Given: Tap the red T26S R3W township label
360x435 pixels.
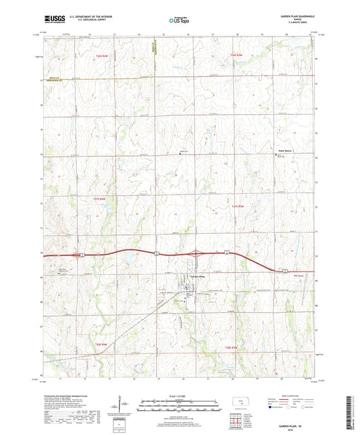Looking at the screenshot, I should point(236,55).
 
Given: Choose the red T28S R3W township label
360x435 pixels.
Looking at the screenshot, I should point(230,347).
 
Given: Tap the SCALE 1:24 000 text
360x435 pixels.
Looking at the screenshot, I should point(180,395).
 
